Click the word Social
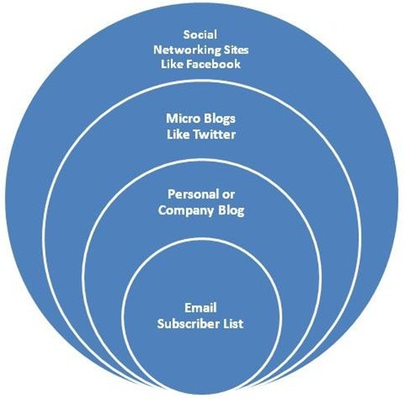tap(200, 35)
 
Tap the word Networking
tap(184, 50)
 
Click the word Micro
tap(183, 118)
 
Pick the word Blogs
tap(219, 119)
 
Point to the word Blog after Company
tap(231, 211)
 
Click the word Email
tap(200, 308)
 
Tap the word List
tap(232, 323)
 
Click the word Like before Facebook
tap(172, 64)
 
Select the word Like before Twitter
tap(178, 134)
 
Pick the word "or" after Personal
tap(228, 195)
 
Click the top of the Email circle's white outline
tap(201, 239)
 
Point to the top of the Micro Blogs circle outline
tap(201, 81)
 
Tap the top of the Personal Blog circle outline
tap(201, 160)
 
